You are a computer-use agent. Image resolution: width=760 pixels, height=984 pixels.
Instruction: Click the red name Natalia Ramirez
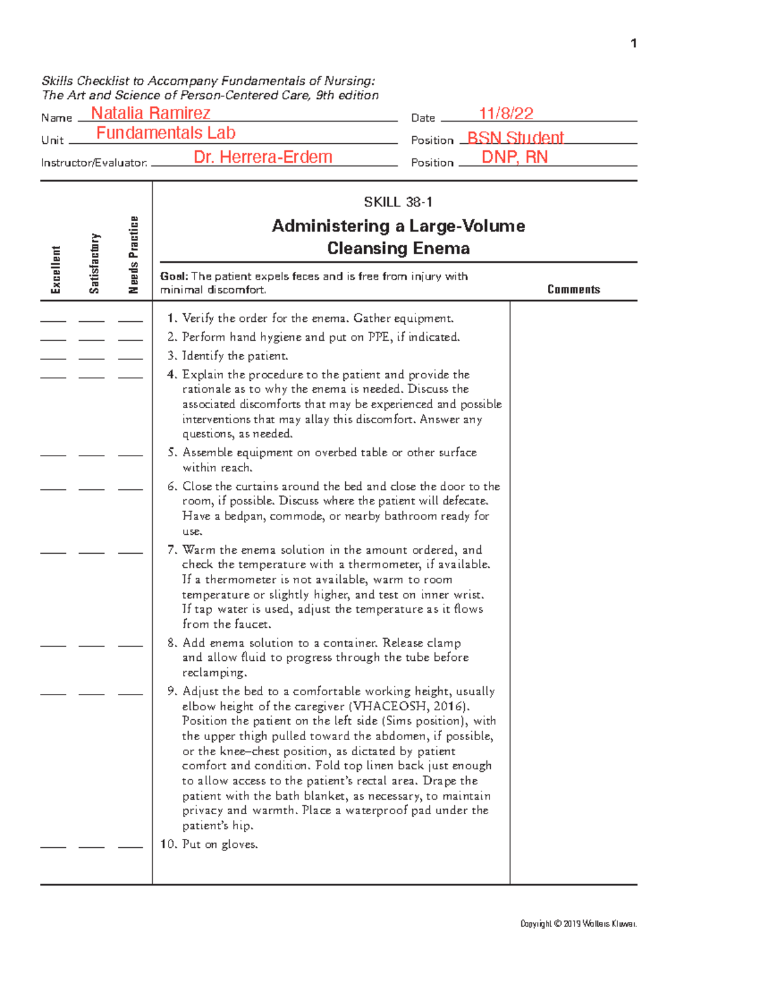pyautogui.click(x=150, y=113)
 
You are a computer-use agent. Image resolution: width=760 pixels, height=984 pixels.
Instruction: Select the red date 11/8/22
pyautogui.click(x=506, y=113)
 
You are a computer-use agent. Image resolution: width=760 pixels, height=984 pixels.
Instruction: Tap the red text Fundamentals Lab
pyautogui.click(x=165, y=133)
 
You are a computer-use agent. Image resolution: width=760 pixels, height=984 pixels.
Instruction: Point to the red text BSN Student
pyautogui.click(x=515, y=138)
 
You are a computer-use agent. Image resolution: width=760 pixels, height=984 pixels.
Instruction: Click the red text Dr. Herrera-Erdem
pyautogui.click(x=263, y=157)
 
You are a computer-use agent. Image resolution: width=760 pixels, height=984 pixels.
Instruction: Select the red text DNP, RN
pyautogui.click(x=514, y=157)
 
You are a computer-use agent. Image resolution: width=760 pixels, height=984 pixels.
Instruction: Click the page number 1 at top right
pyautogui.click(x=633, y=43)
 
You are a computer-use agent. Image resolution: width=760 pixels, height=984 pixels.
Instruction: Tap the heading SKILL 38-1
pyautogui.click(x=398, y=202)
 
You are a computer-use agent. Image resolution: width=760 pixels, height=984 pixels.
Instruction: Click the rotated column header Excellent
pyautogui.click(x=56, y=269)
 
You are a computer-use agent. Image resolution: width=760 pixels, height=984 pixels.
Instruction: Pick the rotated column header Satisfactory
pyautogui.click(x=94, y=263)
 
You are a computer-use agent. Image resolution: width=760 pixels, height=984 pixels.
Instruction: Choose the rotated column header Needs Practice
pyautogui.click(x=133, y=255)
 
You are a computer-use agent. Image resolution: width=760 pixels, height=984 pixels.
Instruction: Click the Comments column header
pyautogui.click(x=573, y=290)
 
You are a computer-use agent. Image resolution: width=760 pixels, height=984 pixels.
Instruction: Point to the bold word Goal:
pyautogui.click(x=174, y=276)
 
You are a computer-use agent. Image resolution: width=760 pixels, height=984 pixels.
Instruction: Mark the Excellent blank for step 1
pyautogui.click(x=53, y=321)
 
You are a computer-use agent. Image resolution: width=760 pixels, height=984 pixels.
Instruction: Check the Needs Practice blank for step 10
pyautogui.click(x=130, y=847)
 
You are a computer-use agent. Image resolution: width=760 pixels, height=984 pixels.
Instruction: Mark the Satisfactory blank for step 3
pyautogui.click(x=92, y=359)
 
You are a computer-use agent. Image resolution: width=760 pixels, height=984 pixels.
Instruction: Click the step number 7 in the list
pyautogui.click(x=172, y=550)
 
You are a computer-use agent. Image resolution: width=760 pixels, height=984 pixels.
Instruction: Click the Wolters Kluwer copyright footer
pyautogui.click(x=578, y=924)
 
